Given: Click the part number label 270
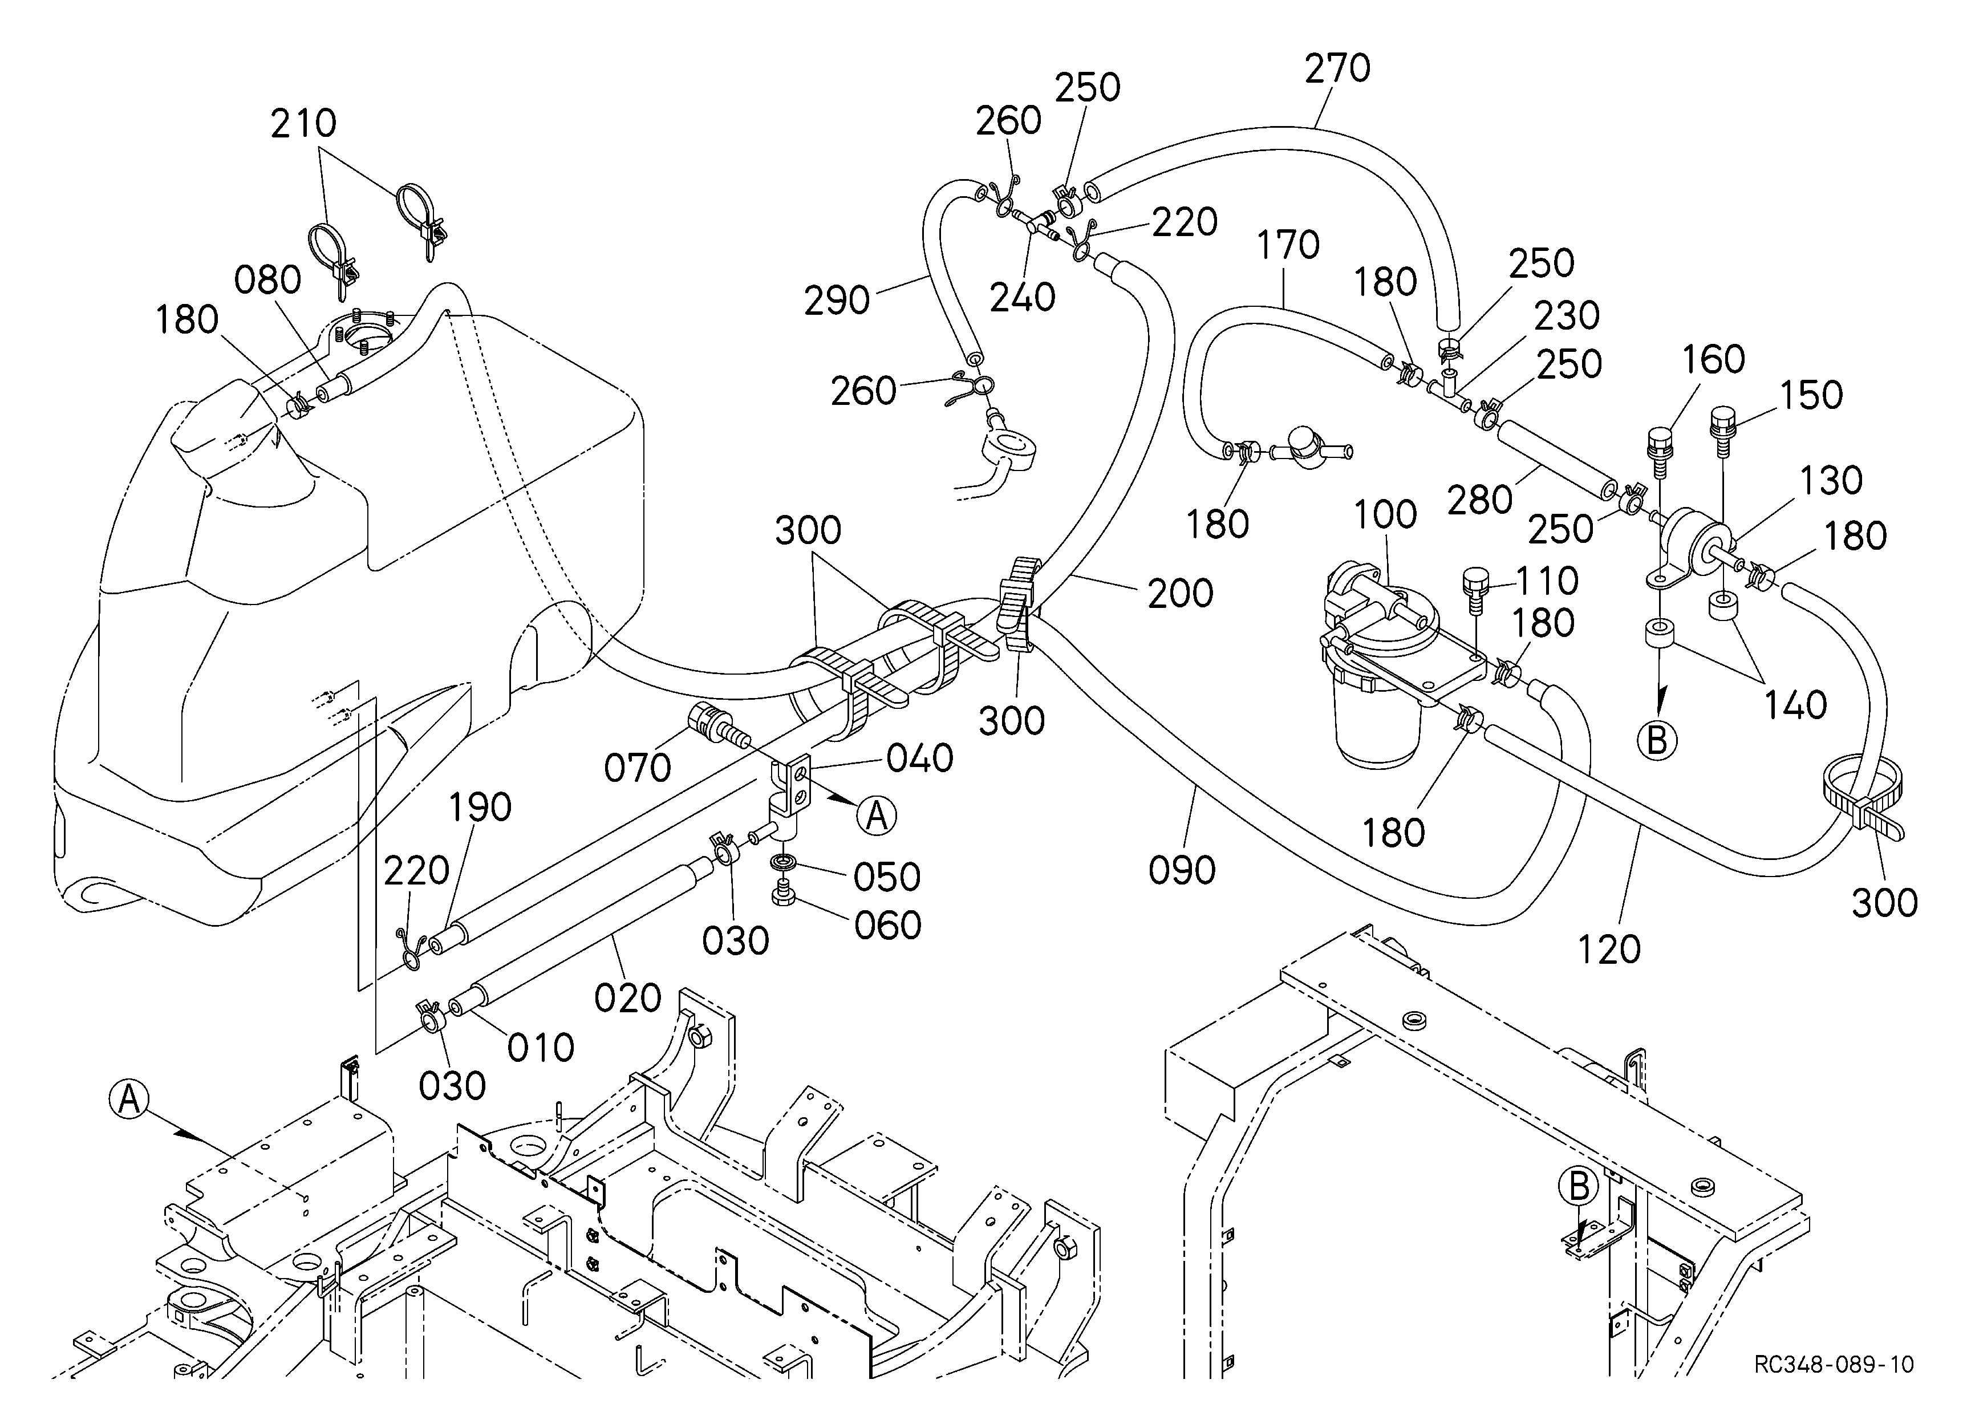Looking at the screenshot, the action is tap(1337, 68).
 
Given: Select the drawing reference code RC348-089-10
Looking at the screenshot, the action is tap(1834, 1388).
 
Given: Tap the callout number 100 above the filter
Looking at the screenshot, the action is tap(1385, 514).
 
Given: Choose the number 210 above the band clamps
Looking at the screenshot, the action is tap(303, 124).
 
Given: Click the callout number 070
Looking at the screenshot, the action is tap(638, 768).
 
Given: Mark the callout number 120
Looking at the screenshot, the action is tap(1609, 950).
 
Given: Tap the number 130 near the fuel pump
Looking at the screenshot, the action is tap(1831, 480).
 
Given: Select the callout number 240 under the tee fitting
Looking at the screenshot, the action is tap(1023, 297).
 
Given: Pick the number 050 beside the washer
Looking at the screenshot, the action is tap(886, 878).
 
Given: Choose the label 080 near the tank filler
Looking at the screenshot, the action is tap(268, 280).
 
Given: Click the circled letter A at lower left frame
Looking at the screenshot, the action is tap(128, 1100).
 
